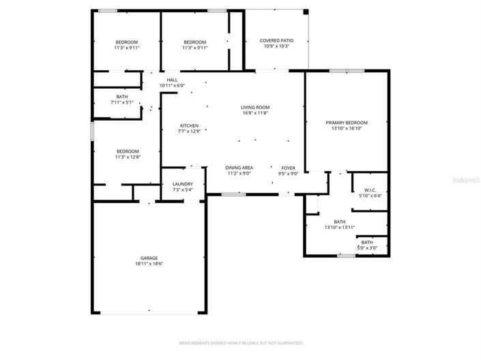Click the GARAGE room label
click(x=149, y=258)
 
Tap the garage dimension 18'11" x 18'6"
click(x=149, y=264)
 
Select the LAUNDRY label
click(x=182, y=183)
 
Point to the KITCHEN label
click(x=189, y=125)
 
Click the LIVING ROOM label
click(x=255, y=107)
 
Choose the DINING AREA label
click(x=239, y=167)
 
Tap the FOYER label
click(x=288, y=167)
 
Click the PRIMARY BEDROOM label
click(x=346, y=123)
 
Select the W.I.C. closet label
click(x=370, y=190)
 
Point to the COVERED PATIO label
click(x=276, y=40)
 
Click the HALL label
click(x=172, y=80)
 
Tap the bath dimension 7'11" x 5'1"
click(x=121, y=103)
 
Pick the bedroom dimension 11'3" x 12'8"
click(x=127, y=157)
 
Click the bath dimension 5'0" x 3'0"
click(x=367, y=247)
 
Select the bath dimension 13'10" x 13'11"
click(x=339, y=227)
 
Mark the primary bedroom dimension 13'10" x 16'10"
click(x=346, y=128)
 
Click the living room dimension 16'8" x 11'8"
click(x=255, y=112)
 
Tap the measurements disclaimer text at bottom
click(x=241, y=343)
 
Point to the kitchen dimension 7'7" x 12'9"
click(x=189, y=131)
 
